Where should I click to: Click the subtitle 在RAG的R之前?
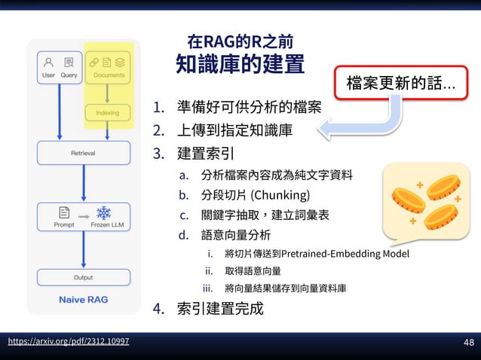240,39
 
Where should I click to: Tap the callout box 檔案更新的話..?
400,81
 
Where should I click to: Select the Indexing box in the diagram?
107,113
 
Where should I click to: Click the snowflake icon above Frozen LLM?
103,212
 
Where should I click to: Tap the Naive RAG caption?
83,300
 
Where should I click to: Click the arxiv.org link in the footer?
68,341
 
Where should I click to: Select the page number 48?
468,343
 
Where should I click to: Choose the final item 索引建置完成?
219,308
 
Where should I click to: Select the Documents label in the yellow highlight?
109,75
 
